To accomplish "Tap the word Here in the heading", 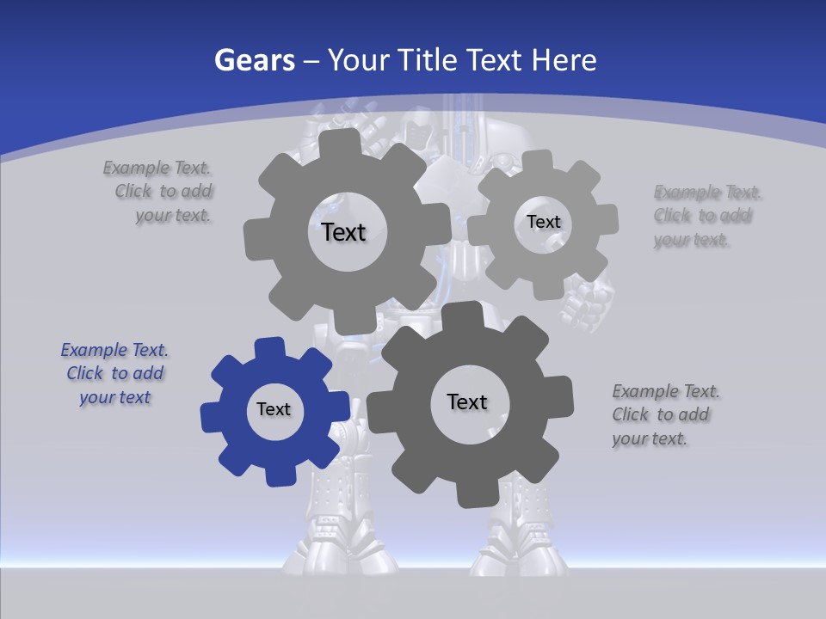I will (x=564, y=60).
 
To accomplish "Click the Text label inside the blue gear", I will (x=274, y=409).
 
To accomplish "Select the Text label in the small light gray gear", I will (x=543, y=222).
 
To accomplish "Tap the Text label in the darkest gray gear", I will (x=467, y=401).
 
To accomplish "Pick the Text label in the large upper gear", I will (x=343, y=232).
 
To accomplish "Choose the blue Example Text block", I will (x=114, y=373).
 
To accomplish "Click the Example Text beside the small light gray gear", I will (x=704, y=216).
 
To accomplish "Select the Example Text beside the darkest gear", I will (x=665, y=414).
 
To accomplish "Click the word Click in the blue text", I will (x=85, y=373).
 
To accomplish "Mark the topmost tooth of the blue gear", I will (x=269, y=346).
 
